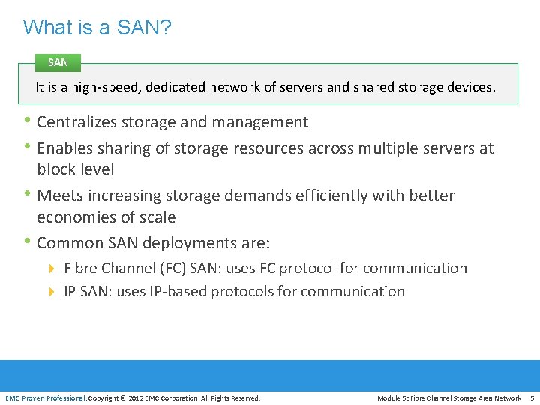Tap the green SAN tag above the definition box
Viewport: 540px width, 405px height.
(x=58, y=63)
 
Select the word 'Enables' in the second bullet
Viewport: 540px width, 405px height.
(x=65, y=148)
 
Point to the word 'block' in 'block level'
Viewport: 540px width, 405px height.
(x=56, y=169)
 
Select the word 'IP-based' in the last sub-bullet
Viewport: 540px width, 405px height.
(x=181, y=292)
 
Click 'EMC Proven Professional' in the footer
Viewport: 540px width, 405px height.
(x=45, y=398)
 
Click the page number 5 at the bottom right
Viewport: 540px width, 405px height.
(x=532, y=398)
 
